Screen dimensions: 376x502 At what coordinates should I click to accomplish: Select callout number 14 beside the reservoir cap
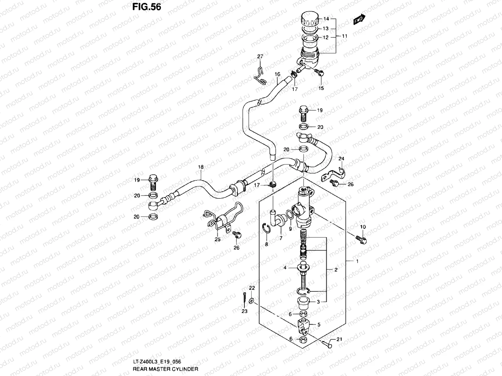pyautogui.click(x=326, y=19)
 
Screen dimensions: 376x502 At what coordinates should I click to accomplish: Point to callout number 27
pyautogui.click(x=260, y=56)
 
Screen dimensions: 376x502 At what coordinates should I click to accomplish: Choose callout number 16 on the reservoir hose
pyautogui.click(x=277, y=74)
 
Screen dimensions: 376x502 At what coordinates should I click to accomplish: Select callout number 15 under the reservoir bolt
pyautogui.click(x=321, y=88)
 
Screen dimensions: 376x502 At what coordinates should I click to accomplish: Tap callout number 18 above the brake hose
pyautogui.click(x=201, y=167)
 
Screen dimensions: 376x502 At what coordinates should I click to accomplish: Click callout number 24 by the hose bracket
pyautogui.click(x=341, y=159)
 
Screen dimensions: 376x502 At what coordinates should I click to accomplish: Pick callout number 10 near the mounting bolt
pyautogui.click(x=363, y=227)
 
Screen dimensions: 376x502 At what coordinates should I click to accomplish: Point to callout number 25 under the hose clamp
pyautogui.click(x=217, y=239)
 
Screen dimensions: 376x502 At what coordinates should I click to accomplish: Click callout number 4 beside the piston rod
pyautogui.click(x=285, y=268)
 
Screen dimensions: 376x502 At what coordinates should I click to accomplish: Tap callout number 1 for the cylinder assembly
pyautogui.click(x=356, y=261)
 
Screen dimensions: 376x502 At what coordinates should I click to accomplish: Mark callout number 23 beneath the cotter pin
pyautogui.click(x=244, y=311)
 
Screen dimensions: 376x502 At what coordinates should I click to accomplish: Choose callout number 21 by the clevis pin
pyautogui.click(x=339, y=339)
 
